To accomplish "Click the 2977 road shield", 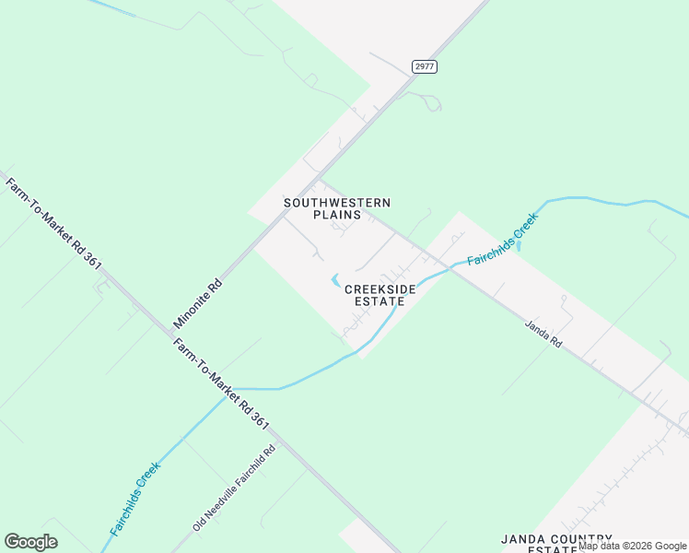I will click(425, 66).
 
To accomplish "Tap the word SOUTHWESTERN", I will click(337, 203).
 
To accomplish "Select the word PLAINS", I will click(337, 215).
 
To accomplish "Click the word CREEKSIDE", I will click(380, 288).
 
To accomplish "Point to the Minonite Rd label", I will click(199, 303).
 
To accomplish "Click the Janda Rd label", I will click(543, 333).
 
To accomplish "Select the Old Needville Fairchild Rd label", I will click(234, 488).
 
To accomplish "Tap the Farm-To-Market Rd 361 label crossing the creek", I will click(220, 384).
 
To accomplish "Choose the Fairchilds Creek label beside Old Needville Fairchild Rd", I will click(135, 499).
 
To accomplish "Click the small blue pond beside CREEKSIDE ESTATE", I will click(334, 280).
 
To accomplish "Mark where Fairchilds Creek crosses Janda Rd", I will click(450, 267).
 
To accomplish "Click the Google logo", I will click(30, 542).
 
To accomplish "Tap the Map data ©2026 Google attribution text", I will click(632, 547).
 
